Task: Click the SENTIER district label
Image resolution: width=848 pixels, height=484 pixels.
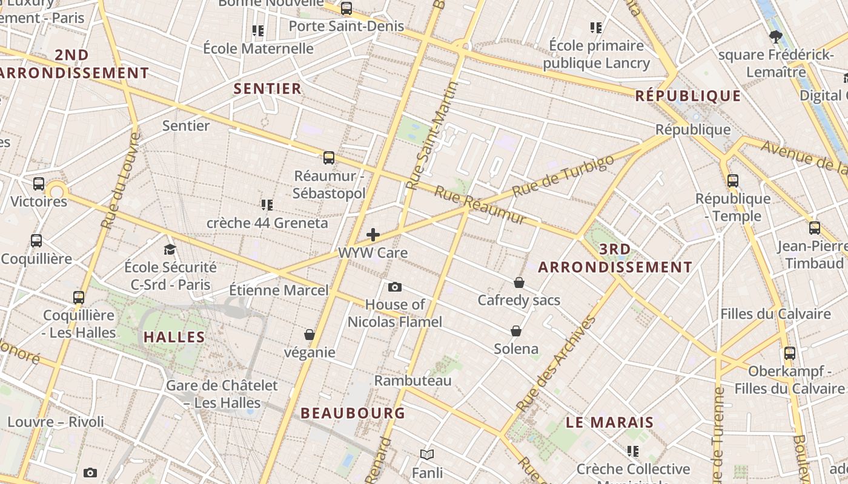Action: click(267, 89)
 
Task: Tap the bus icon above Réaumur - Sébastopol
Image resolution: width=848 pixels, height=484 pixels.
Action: click(329, 158)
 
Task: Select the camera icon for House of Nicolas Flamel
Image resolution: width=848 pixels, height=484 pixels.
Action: click(395, 287)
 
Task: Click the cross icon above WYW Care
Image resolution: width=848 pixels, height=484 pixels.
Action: click(373, 235)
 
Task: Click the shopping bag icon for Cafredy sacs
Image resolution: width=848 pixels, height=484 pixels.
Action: click(519, 283)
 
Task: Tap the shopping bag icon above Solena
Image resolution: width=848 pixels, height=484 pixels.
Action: click(516, 331)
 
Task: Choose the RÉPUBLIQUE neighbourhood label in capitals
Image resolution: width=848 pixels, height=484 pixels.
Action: click(688, 96)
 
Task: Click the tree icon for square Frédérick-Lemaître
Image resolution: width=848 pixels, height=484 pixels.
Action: click(775, 37)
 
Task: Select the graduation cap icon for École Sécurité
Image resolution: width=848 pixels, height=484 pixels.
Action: click(170, 249)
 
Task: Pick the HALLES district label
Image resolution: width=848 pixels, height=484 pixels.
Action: click(174, 338)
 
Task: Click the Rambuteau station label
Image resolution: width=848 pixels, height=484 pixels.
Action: click(412, 381)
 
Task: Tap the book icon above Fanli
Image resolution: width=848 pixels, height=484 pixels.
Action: click(427, 454)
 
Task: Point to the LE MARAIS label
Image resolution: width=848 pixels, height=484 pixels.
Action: click(610, 423)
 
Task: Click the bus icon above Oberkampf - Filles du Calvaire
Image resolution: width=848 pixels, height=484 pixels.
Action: click(790, 353)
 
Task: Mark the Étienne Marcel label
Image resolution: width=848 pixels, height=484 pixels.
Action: click(279, 290)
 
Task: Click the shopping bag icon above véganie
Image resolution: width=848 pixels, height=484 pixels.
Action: click(310, 335)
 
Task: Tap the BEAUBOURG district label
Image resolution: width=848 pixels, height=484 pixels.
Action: click(353, 413)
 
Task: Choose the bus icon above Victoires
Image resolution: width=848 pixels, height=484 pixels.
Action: click(39, 184)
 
